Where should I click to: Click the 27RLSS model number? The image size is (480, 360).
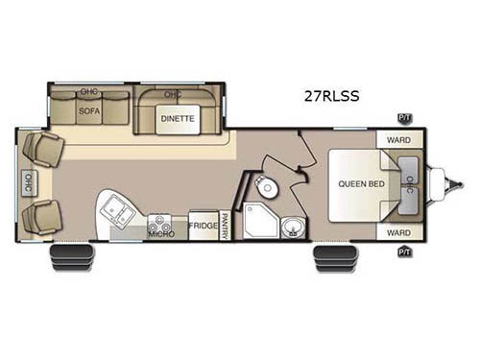click(324, 96)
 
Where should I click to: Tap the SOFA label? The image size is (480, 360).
click(89, 110)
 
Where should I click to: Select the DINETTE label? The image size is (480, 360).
click(177, 118)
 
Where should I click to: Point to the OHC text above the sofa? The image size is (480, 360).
click(89, 92)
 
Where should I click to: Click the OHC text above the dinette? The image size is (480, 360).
click(173, 94)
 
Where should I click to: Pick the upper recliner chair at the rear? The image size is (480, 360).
click(43, 149)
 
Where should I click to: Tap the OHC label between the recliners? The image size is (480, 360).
click(26, 181)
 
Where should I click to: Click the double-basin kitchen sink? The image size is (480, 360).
click(119, 207)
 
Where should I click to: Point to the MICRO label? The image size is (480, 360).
click(160, 232)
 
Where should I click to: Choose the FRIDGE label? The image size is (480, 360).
click(202, 226)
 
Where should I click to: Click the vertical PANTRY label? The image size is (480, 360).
click(224, 225)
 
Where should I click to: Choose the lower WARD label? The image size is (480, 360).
click(397, 232)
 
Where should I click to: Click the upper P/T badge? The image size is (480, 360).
click(404, 117)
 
